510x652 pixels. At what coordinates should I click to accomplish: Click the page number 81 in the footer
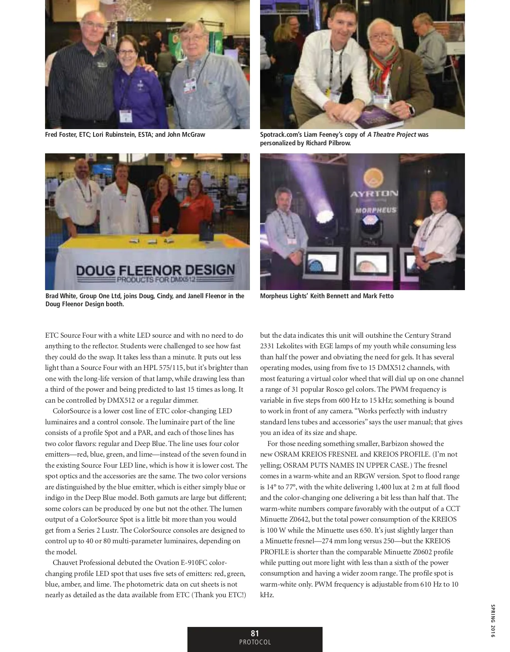point(255,633)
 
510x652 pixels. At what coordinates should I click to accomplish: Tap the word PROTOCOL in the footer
point(255,642)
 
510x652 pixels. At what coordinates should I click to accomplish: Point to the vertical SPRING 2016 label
point(493,621)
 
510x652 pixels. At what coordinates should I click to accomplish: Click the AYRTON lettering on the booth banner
point(374,194)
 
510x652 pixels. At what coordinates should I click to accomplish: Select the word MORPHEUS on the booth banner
point(376,210)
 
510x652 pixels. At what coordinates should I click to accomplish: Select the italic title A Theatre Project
point(391,135)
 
